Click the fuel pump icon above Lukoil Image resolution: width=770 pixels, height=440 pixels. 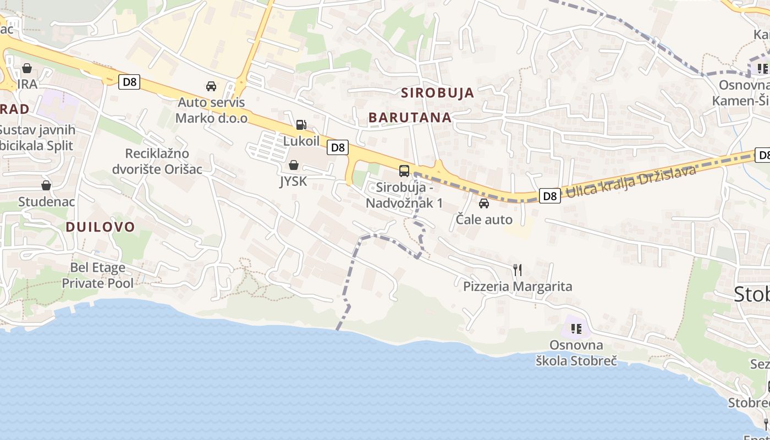301,125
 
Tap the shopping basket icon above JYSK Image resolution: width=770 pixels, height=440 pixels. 294,165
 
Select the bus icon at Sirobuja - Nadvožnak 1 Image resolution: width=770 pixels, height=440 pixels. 404,170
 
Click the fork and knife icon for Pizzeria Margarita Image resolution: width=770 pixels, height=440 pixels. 517,269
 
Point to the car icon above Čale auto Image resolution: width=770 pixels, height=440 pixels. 484,204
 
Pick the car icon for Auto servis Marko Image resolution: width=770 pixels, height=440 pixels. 211,86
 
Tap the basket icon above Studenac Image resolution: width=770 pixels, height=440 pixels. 46,185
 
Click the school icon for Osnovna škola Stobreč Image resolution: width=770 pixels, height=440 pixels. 576,329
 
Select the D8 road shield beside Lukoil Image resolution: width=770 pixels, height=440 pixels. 338,147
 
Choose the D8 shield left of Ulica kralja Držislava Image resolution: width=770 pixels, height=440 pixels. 549,196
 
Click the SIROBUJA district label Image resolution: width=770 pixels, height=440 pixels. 437,92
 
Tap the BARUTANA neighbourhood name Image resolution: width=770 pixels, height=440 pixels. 410,117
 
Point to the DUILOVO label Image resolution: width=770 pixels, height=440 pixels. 100,227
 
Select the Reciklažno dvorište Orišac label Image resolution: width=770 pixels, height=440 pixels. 157,161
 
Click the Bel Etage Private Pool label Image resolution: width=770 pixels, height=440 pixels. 97,276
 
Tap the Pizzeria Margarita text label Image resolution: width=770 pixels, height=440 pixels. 517,287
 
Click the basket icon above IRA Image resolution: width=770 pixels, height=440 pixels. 26,69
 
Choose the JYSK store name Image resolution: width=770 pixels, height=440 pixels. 293,181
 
